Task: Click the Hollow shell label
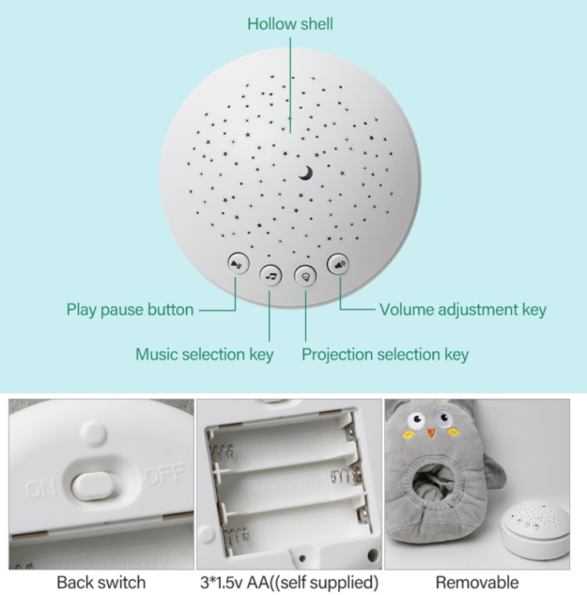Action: [x=290, y=24]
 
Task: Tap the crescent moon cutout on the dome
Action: [x=306, y=173]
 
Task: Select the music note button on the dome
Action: [x=271, y=275]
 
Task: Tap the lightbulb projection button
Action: [x=305, y=276]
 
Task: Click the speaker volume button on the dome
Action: [x=338, y=264]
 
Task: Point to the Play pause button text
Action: [x=131, y=310]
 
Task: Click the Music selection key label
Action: [x=205, y=355]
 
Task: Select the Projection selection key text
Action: [x=385, y=355]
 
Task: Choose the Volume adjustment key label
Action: [x=463, y=310]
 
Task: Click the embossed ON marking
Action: [x=41, y=489]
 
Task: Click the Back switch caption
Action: [x=101, y=582]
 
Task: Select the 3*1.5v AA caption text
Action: [x=290, y=582]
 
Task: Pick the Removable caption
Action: [x=477, y=582]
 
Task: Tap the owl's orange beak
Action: [x=431, y=432]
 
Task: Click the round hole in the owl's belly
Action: [x=438, y=486]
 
